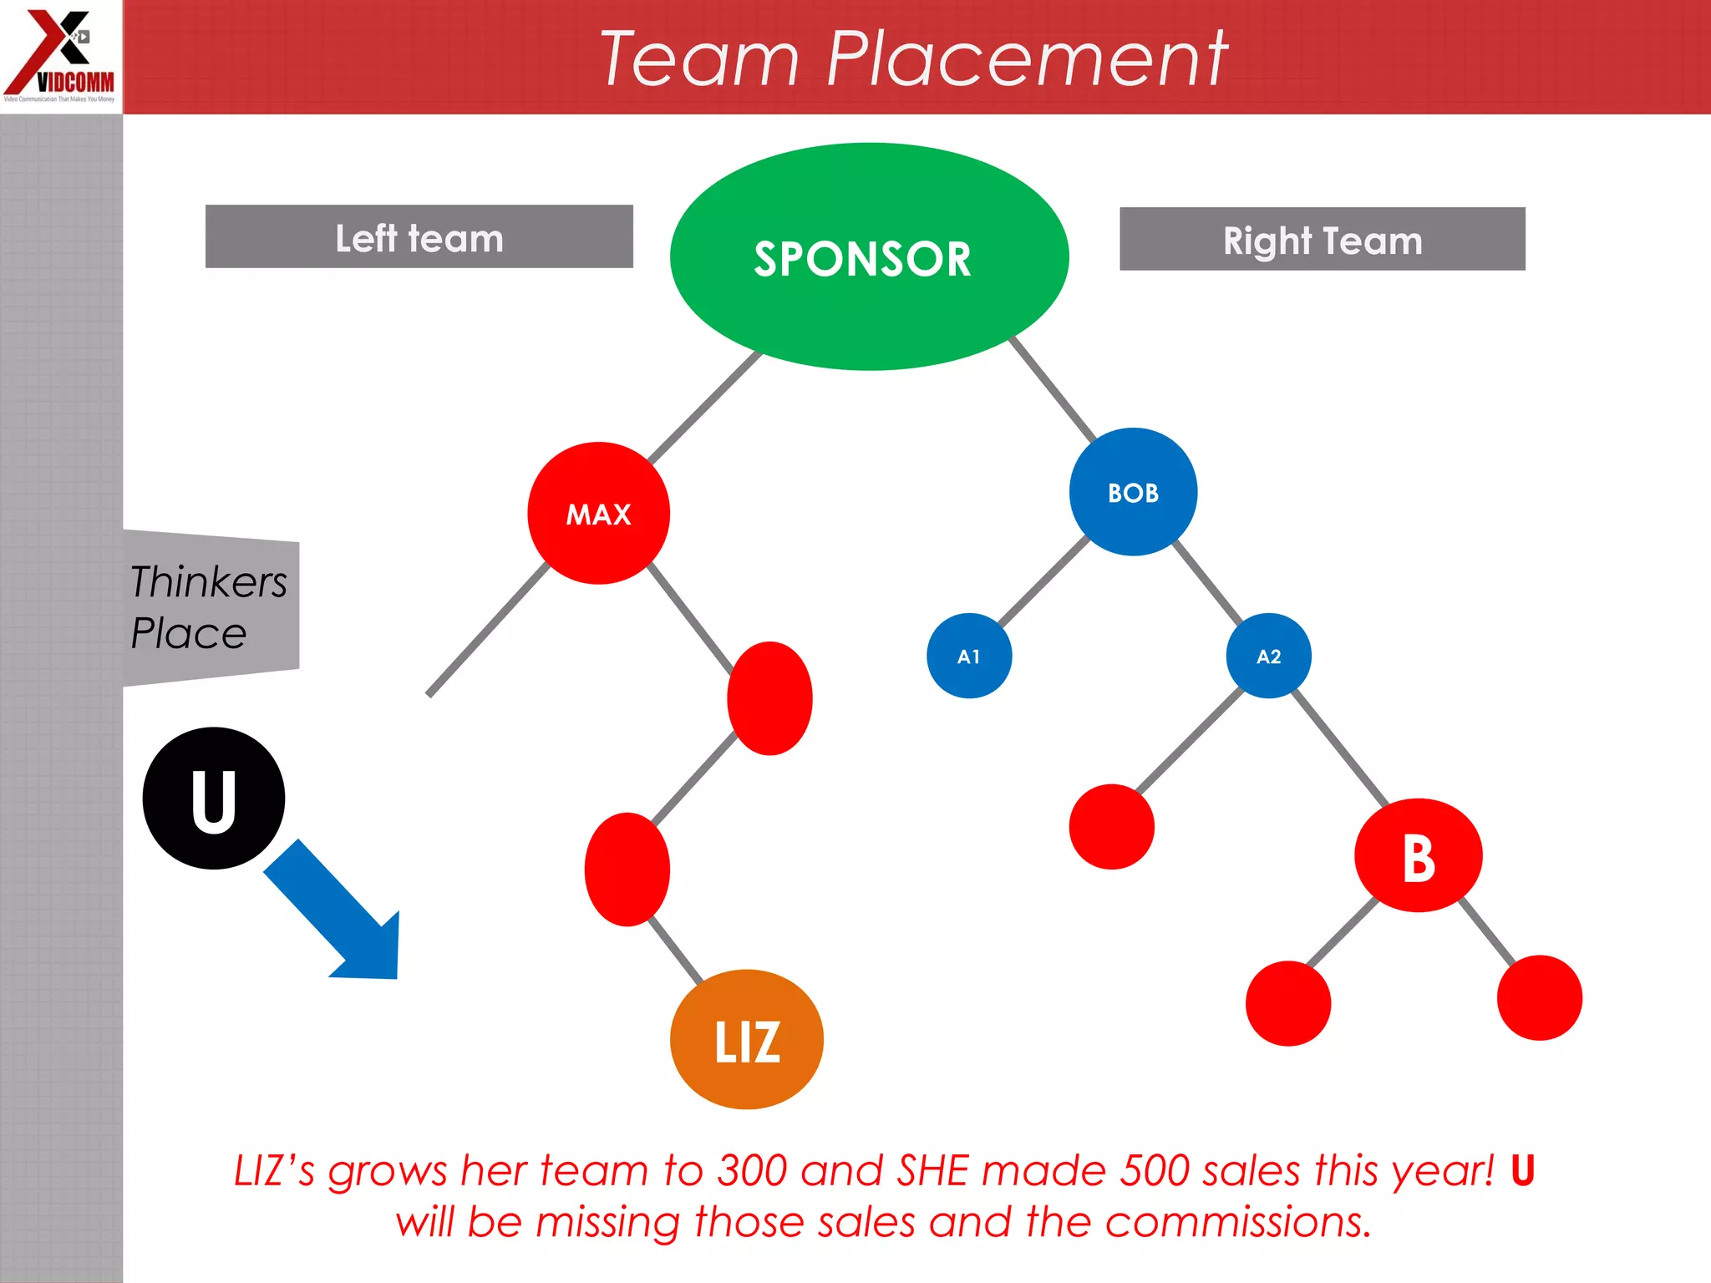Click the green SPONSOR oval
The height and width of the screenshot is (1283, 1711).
pos(869,256)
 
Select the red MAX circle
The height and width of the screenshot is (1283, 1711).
pos(598,513)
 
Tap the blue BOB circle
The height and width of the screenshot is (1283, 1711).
pos(1133,492)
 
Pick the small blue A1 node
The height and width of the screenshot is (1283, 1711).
pos(969,656)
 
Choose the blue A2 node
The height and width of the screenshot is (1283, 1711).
pos(1268,656)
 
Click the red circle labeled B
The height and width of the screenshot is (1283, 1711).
pos(1418,855)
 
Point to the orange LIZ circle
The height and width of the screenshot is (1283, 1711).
pos(746,1039)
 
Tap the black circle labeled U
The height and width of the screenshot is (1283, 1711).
pos(213,798)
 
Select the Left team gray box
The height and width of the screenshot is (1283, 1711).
pos(419,236)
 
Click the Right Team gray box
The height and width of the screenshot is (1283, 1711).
pos(1322,239)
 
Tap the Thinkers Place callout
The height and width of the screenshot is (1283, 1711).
pos(209,606)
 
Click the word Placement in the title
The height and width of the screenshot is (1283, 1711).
pos(1026,58)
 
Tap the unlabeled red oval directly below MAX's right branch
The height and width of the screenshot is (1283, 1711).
pos(769,698)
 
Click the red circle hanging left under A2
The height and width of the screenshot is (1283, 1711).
pos(1111,826)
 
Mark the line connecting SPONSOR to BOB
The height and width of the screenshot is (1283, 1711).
pos(1053,389)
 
